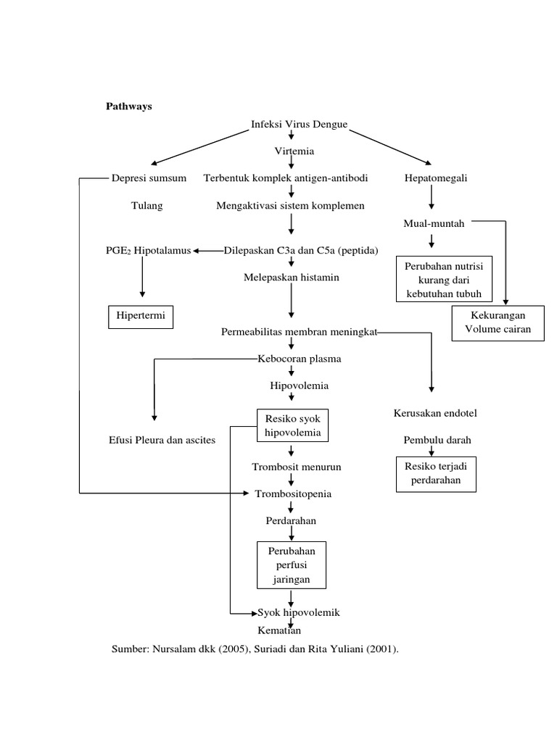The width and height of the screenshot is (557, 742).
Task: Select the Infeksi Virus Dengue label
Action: click(299, 125)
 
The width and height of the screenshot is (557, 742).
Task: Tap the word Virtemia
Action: click(294, 151)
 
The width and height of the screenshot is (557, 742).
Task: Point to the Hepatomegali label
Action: click(435, 178)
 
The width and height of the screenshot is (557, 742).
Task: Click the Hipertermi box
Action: click(141, 317)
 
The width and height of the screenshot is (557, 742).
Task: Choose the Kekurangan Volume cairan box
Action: click(498, 323)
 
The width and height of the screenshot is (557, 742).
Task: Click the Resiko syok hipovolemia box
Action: click(292, 426)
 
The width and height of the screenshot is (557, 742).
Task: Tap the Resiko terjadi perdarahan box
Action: click(436, 474)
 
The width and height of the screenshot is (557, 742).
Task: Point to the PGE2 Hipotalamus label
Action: click(147, 251)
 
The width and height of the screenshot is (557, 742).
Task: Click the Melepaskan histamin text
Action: click(291, 278)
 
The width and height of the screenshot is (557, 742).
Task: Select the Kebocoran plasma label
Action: click(299, 359)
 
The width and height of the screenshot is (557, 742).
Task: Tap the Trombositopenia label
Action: click(293, 493)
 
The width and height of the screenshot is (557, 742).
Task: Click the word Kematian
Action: click(279, 630)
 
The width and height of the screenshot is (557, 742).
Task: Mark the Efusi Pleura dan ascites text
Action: click(161, 441)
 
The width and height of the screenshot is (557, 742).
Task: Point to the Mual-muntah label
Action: click(434, 223)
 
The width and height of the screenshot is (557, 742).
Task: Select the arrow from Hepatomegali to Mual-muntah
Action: click(432, 197)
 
